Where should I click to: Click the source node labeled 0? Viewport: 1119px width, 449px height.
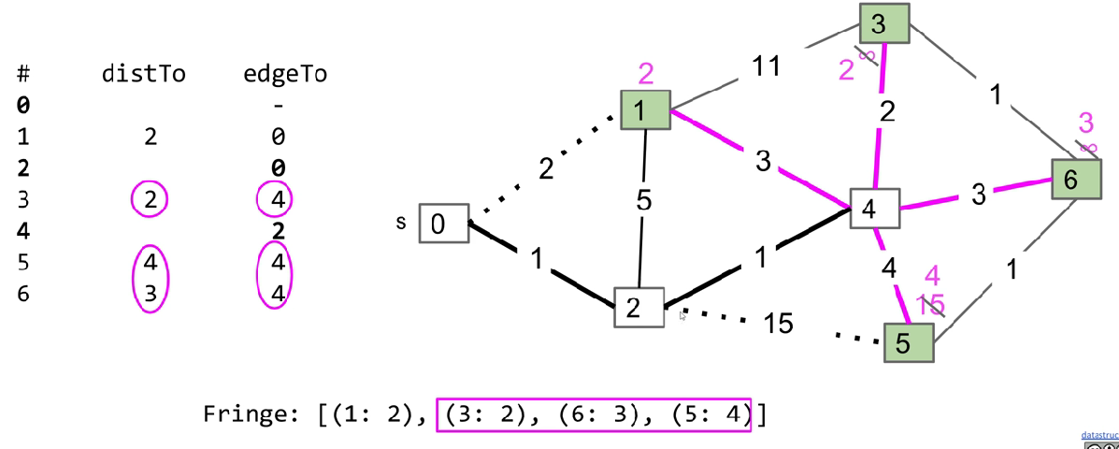point(444,224)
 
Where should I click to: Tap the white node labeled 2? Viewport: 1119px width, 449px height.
point(639,307)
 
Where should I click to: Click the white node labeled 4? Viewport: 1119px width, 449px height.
point(874,210)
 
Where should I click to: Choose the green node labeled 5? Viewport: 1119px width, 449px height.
point(907,342)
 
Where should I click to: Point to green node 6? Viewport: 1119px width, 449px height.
point(1076,180)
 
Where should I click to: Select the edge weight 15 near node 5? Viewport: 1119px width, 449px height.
point(778,324)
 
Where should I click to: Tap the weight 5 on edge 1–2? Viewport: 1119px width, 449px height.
point(644,201)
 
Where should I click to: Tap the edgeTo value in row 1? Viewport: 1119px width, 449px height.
point(277,138)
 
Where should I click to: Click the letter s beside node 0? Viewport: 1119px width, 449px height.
point(401,222)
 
